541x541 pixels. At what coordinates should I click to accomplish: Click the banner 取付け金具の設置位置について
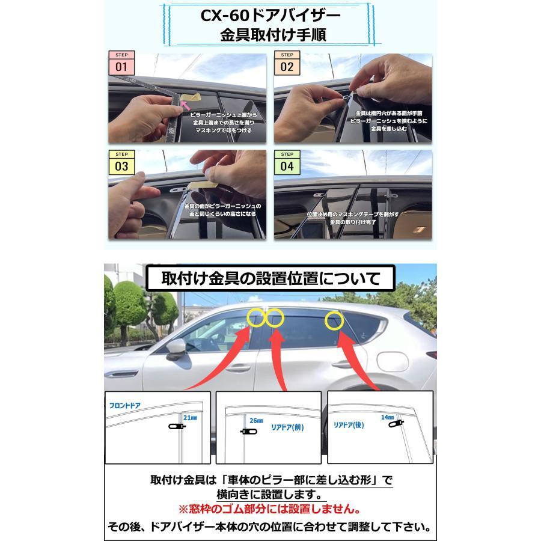coord(270,279)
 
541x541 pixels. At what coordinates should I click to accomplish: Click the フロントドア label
coord(125,406)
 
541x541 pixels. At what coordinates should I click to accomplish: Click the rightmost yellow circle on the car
coord(335,320)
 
